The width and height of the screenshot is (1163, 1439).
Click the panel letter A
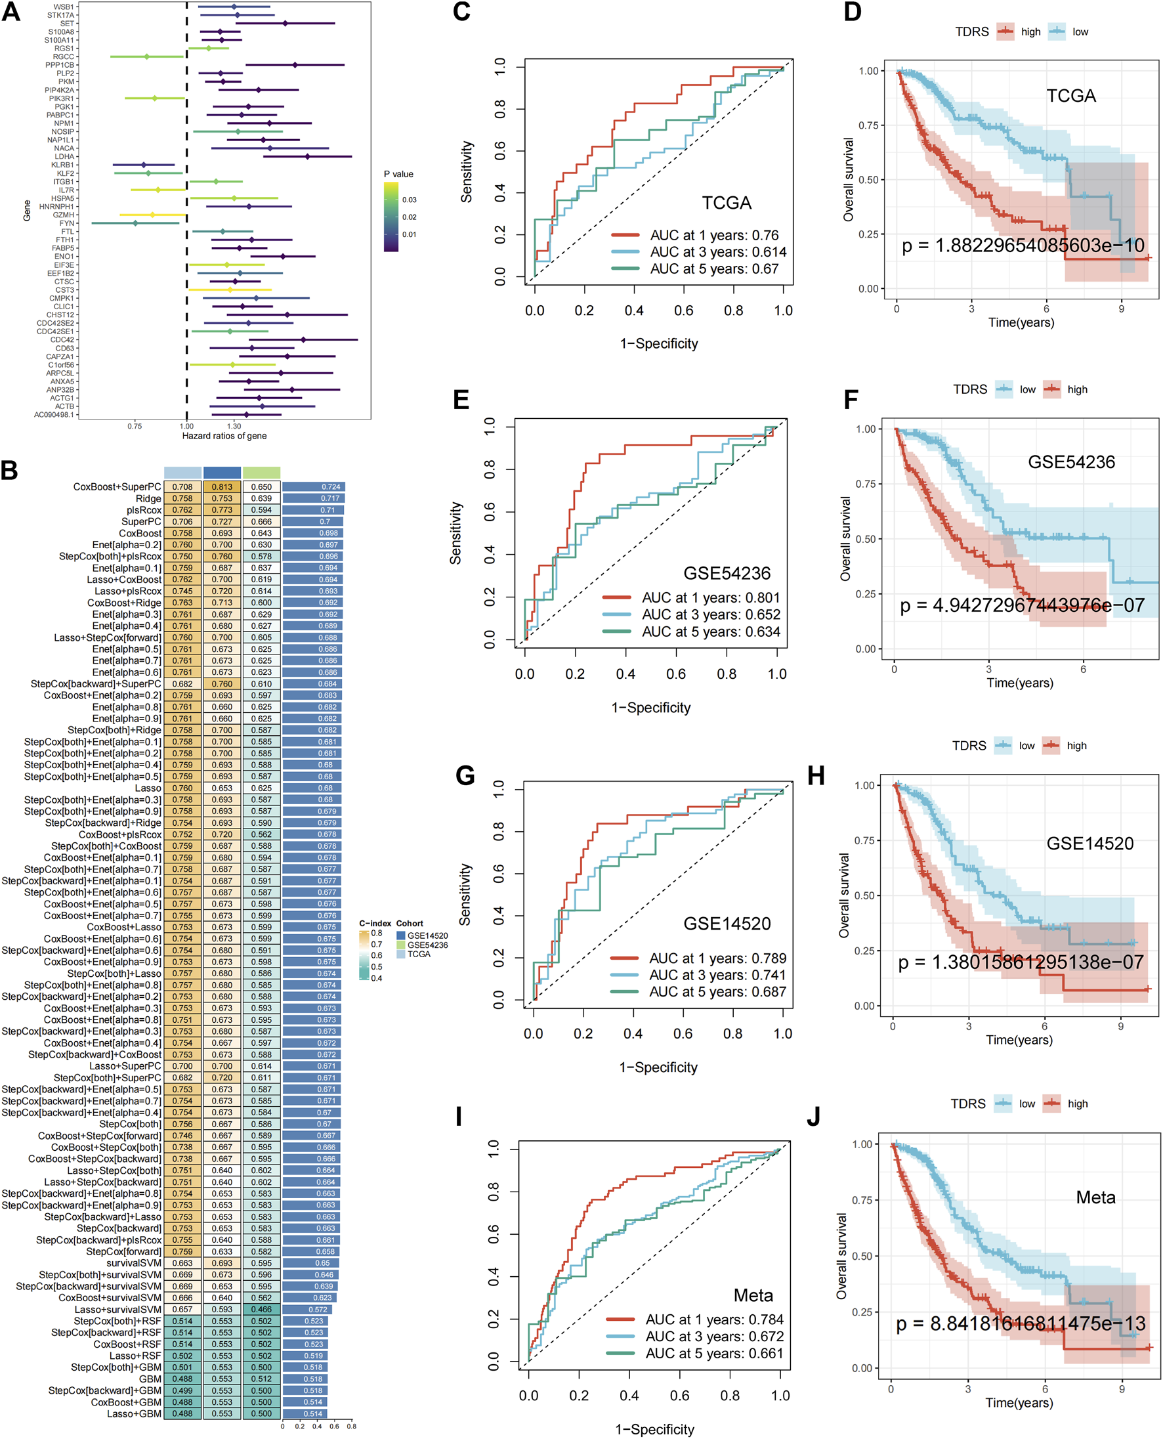pyautogui.click(x=11, y=12)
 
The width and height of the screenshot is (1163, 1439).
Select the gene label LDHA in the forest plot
pyautogui.click(x=64, y=157)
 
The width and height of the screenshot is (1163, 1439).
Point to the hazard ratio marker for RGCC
pyautogui.click(x=148, y=57)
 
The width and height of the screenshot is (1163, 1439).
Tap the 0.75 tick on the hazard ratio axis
pyautogui.click(x=135, y=426)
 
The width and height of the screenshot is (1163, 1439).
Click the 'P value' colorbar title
pyautogui.click(x=398, y=174)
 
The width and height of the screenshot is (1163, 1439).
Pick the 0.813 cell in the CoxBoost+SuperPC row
pyautogui.click(x=222, y=487)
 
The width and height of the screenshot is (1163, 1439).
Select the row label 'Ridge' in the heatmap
pyautogui.click(x=148, y=499)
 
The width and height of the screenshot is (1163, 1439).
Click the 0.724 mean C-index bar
pyautogui.click(x=314, y=487)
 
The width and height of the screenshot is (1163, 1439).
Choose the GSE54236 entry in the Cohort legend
pyautogui.click(x=427, y=945)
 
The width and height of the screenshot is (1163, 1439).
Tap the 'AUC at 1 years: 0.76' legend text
pyautogui.click(x=714, y=235)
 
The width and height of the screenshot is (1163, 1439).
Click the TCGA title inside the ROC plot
pyautogui.click(x=726, y=203)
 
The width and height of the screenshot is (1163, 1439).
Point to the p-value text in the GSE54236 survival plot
pyautogui.click(x=1022, y=606)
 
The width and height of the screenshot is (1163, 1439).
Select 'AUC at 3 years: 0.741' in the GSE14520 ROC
pyautogui.click(x=717, y=976)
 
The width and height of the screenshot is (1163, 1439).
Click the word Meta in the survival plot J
pyautogui.click(x=1095, y=1197)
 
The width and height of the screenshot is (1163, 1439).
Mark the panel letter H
pyautogui.click(x=816, y=776)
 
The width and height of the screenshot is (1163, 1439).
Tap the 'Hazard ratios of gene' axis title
pyautogui.click(x=224, y=436)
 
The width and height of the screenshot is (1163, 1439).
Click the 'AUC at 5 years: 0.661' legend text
pyautogui.click(x=713, y=1353)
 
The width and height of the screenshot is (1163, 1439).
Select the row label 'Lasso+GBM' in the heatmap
pyautogui.click(x=134, y=1414)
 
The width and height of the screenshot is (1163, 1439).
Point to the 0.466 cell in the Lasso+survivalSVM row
pyautogui.click(x=261, y=1310)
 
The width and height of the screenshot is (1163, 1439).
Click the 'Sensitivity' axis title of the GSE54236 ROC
pyautogui.click(x=455, y=533)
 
